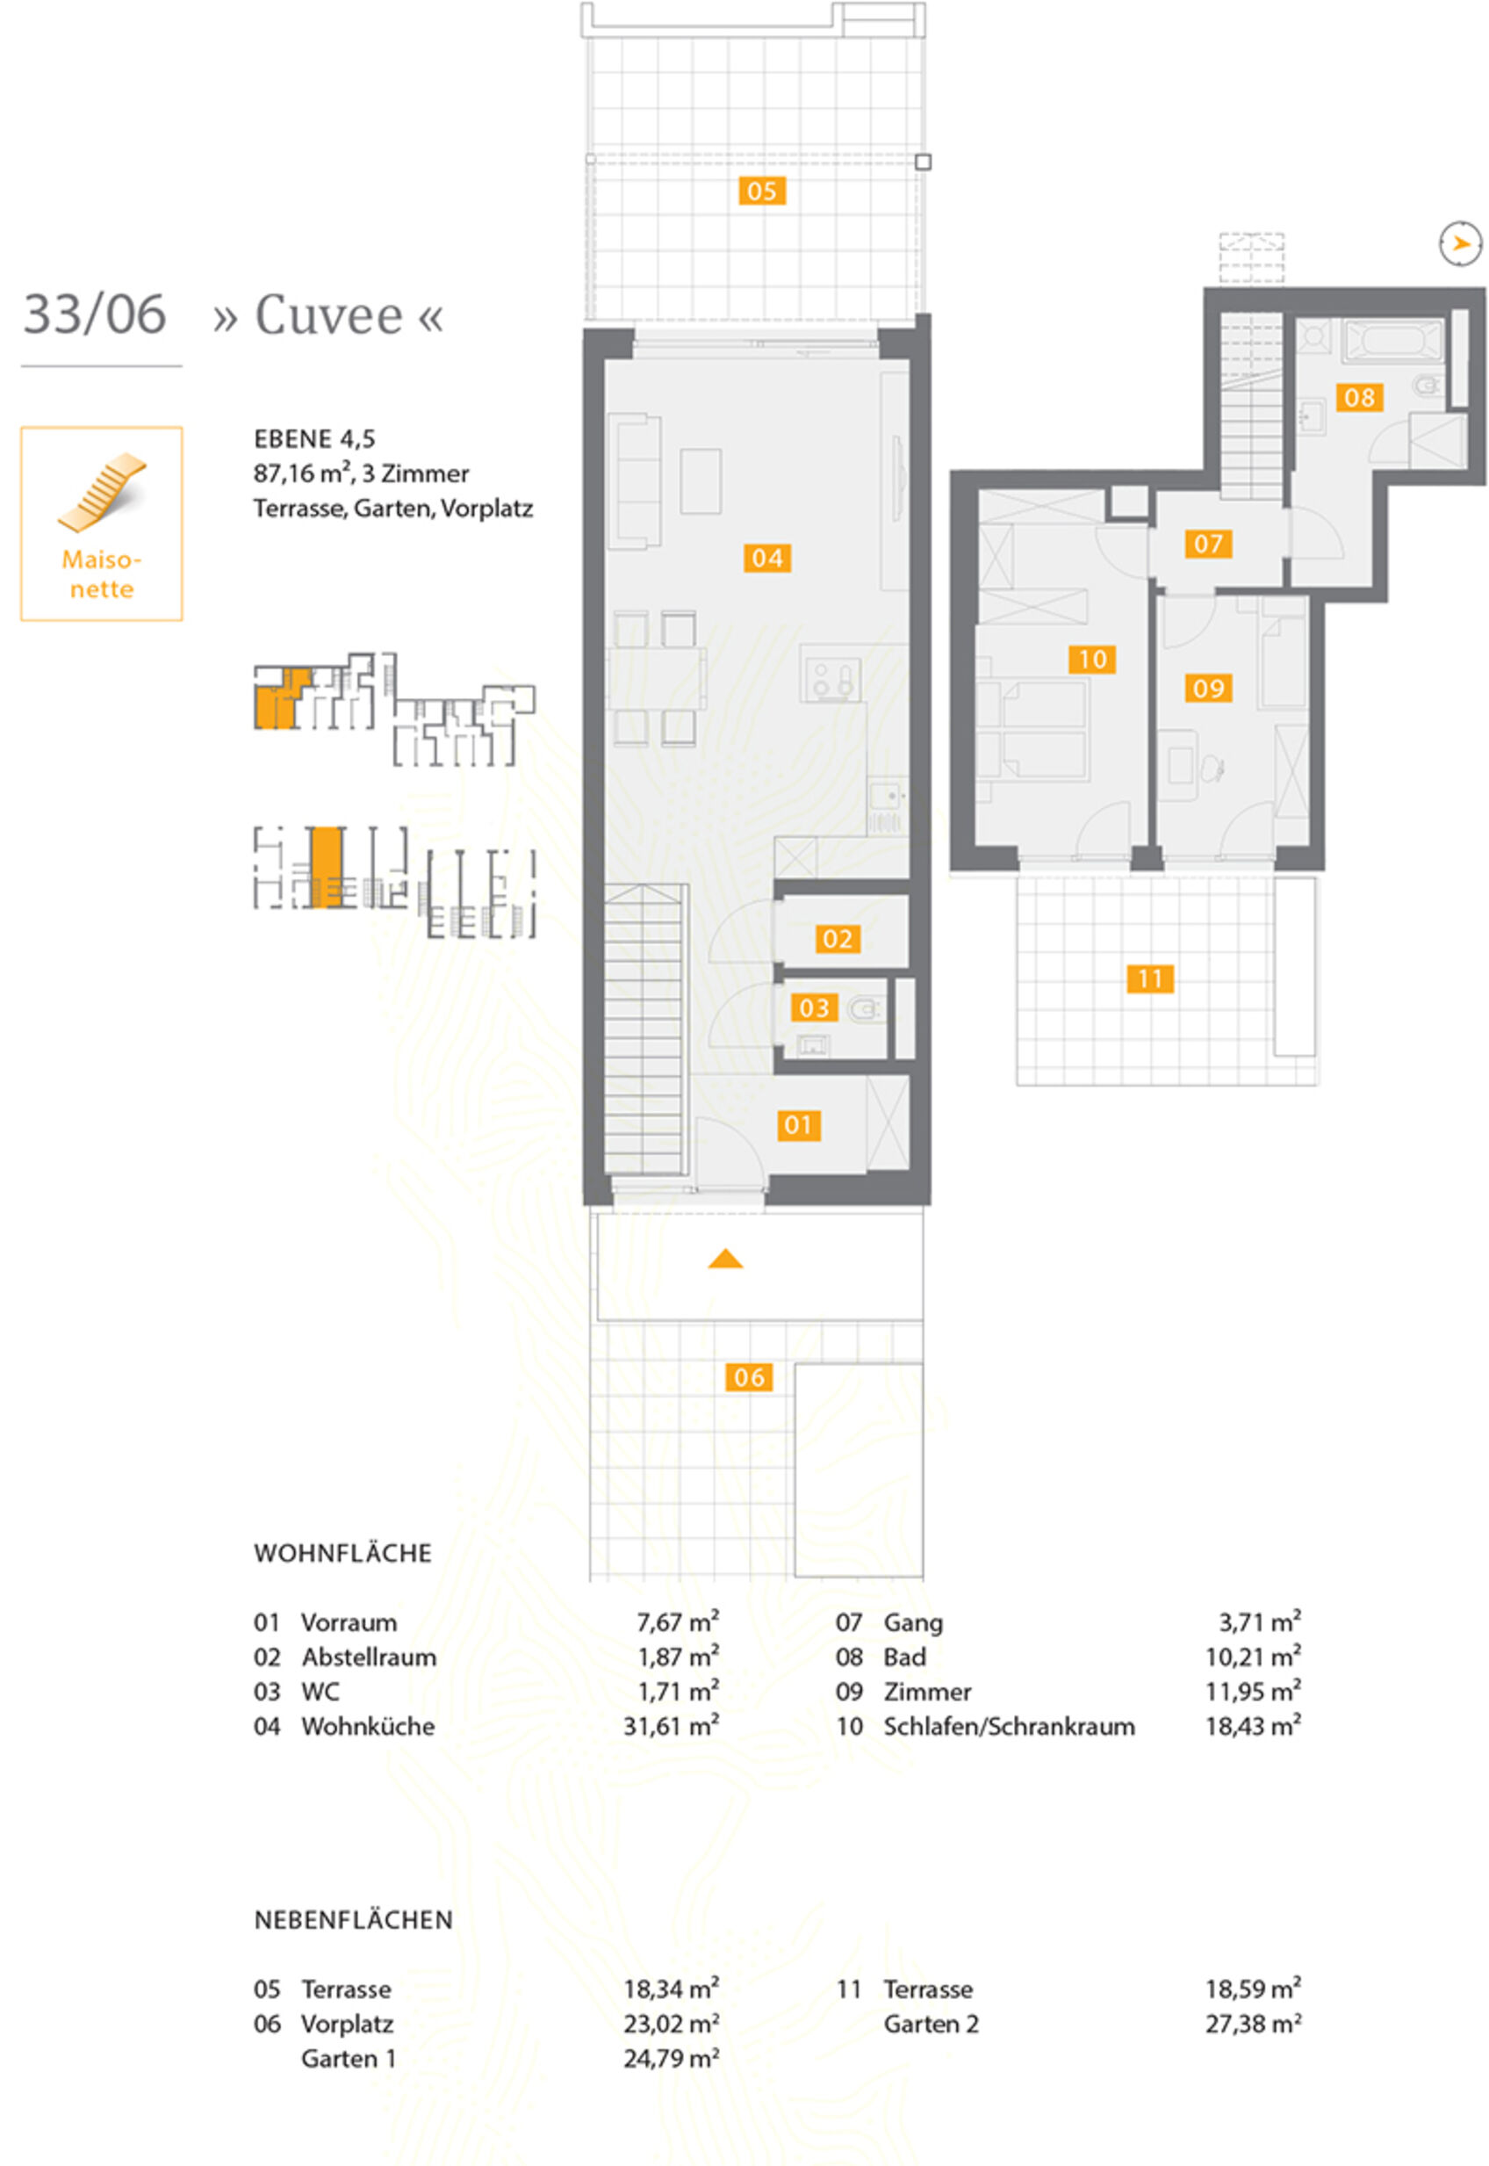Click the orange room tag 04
click(767, 557)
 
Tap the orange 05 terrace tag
click(761, 191)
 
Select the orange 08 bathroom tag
click(1358, 398)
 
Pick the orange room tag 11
click(1149, 979)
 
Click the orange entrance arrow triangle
click(725, 1259)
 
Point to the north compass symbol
click(1460, 244)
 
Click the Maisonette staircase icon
click(102, 492)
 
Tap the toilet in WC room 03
click(866, 1007)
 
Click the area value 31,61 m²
click(671, 1727)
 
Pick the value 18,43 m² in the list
click(1253, 1727)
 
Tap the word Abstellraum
click(369, 1657)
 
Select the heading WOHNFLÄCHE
click(342, 1553)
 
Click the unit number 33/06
click(94, 314)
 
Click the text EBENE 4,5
click(313, 438)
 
